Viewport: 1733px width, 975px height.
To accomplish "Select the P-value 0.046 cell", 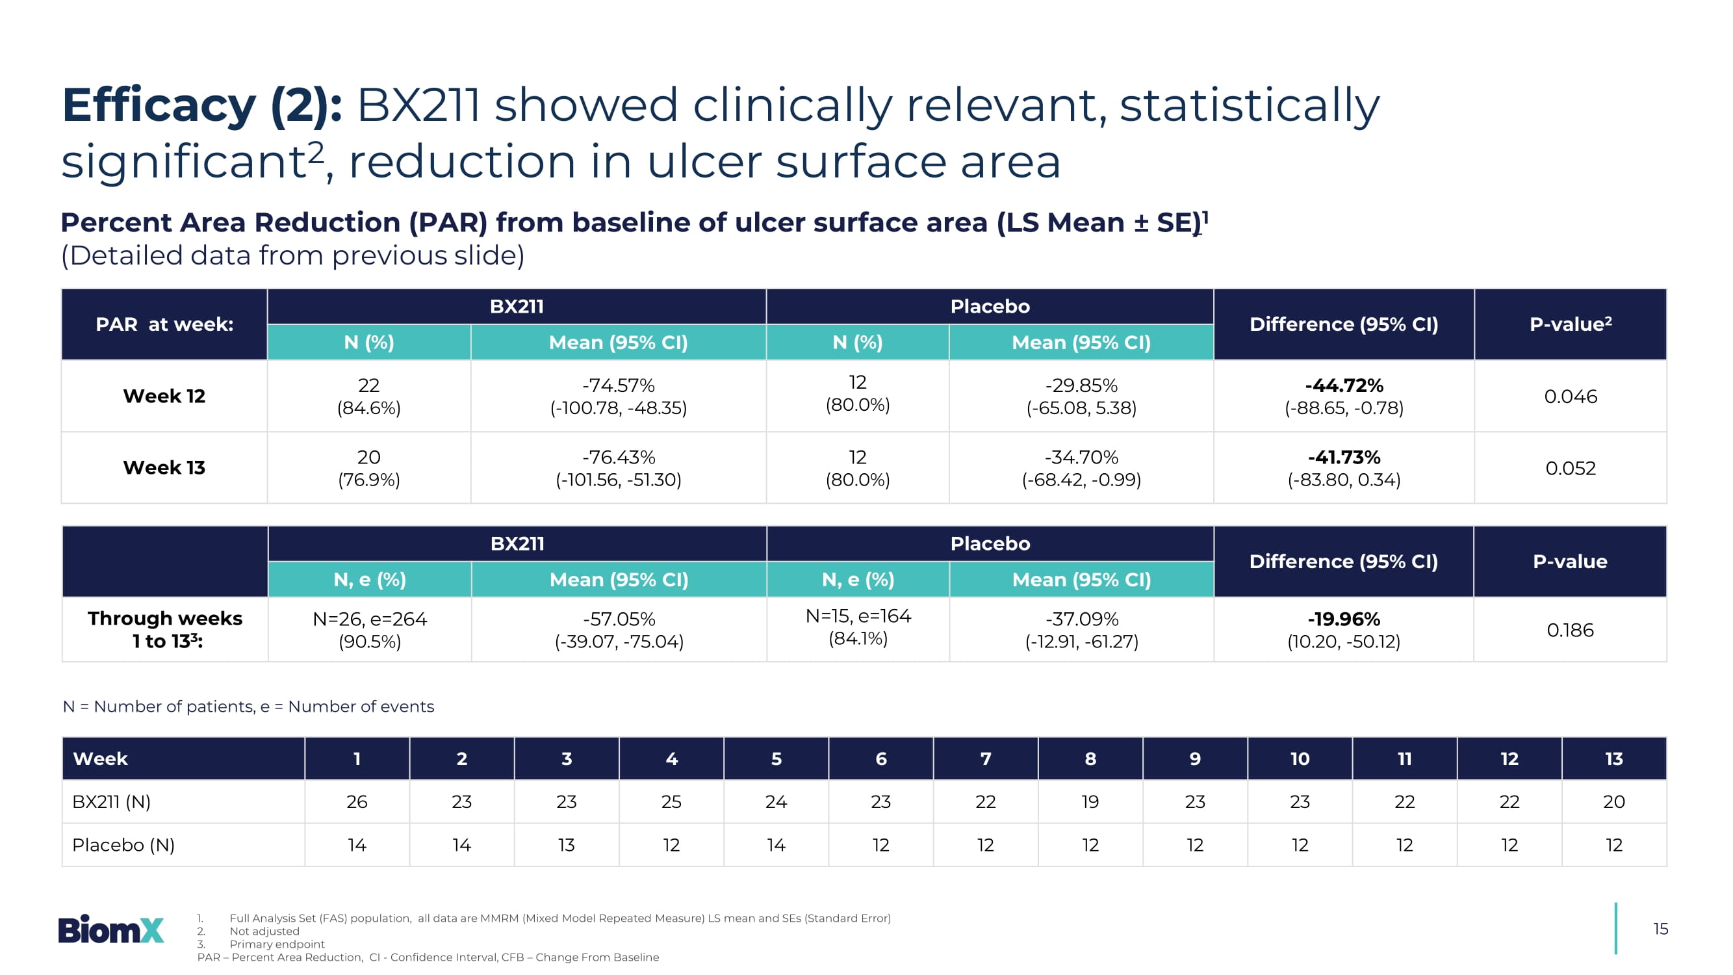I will [1570, 396].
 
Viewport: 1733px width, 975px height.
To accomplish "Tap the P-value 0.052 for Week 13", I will [1570, 468].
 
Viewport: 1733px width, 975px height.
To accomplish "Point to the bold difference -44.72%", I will [1344, 385].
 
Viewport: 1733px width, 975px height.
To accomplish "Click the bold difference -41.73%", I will [1344, 458].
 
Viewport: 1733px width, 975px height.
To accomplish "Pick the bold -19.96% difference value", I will [1344, 619].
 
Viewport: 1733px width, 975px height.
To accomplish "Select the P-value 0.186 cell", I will [1569, 630].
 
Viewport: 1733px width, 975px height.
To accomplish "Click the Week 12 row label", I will [164, 396].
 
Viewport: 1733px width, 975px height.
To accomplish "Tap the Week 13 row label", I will [164, 467].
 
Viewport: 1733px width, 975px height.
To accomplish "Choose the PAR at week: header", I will [164, 324].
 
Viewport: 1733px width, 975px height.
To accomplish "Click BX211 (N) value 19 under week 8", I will [1090, 801].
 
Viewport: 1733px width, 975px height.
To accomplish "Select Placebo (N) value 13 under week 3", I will [566, 845].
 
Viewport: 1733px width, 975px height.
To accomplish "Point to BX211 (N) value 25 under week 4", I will [671, 801].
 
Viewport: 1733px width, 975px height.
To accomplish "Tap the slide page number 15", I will [1660, 929].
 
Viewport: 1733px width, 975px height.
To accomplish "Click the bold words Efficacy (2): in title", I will [202, 106].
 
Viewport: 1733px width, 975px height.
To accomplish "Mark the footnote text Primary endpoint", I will [277, 944].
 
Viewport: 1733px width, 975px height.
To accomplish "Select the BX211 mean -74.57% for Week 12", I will [618, 385].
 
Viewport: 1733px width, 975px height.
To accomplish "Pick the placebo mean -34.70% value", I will [1081, 458].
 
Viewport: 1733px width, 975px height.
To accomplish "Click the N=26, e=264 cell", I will [369, 619].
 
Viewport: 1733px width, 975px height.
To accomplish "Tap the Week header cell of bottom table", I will [100, 759].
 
